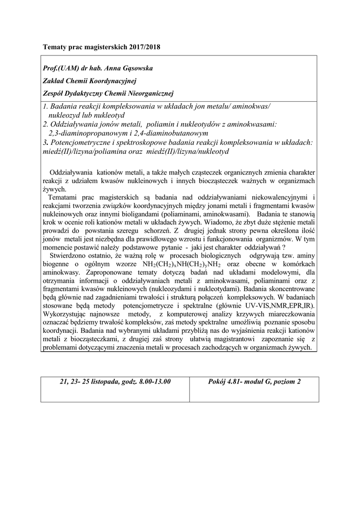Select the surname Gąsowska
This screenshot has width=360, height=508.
[x=133, y=68]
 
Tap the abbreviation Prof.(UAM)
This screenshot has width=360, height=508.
[x=61, y=68]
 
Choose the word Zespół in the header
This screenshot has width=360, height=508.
[x=53, y=93]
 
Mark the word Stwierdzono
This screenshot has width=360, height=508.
[x=67, y=254]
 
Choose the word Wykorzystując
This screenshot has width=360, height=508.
[x=67, y=313]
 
